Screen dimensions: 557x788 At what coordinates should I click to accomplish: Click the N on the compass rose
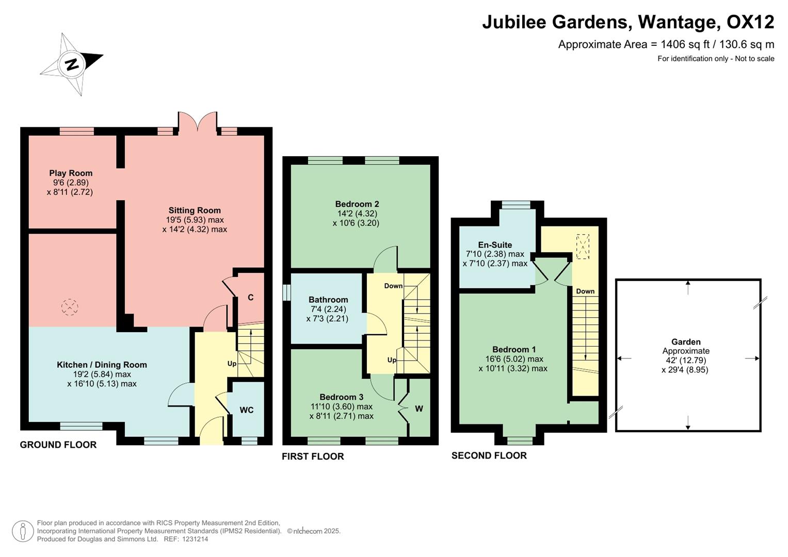point(72,64)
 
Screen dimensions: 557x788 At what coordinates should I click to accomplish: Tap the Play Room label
point(71,173)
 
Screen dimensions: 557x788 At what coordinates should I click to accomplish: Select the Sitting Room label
point(195,210)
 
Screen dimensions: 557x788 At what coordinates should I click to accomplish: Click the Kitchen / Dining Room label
point(102,365)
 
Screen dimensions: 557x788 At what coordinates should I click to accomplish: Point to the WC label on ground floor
point(247,410)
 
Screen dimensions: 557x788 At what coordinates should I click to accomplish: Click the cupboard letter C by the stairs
point(251,298)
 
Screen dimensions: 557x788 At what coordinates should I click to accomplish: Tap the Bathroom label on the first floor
point(328,300)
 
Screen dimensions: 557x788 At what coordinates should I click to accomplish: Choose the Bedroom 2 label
point(357,204)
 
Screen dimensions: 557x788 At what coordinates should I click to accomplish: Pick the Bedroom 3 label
point(341,397)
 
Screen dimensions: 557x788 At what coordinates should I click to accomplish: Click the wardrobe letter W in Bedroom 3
point(419,409)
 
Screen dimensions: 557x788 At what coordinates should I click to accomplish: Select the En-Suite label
point(495,245)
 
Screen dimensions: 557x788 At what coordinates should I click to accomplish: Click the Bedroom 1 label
point(513,350)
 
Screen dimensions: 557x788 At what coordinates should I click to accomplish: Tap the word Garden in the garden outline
point(686,342)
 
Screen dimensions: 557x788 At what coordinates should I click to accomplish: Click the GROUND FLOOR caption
point(58,445)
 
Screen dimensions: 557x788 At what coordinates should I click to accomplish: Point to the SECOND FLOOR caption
point(489,455)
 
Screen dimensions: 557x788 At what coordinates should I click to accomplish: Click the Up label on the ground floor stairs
point(232,364)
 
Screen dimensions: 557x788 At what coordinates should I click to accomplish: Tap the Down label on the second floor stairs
point(585,291)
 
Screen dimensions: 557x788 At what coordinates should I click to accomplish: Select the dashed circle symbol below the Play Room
point(70,307)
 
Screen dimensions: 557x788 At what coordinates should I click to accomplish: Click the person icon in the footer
point(23,531)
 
